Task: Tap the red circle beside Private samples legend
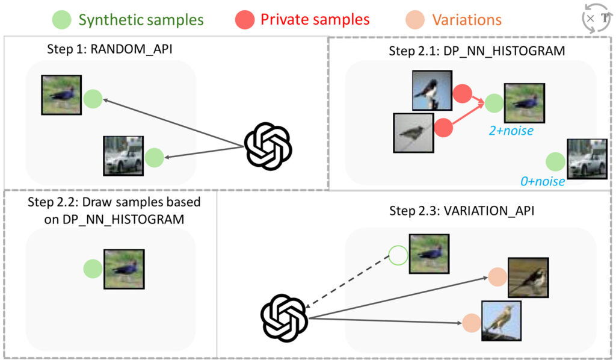pyautogui.click(x=245, y=19)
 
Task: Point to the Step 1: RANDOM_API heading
pyautogui.click(x=109, y=49)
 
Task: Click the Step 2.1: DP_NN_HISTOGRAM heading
pyautogui.click(x=477, y=51)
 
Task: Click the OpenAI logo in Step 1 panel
pyautogui.click(x=268, y=146)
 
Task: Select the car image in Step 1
pyautogui.click(x=123, y=156)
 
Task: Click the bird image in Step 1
pyautogui.click(x=61, y=95)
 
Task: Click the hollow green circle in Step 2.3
pyautogui.click(x=398, y=255)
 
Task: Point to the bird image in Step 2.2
pyautogui.click(x=124, y=269)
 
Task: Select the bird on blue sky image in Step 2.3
pyautogui.click(x=501, y=320)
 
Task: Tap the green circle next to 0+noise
pyautogui.click(x=555, y=161)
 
